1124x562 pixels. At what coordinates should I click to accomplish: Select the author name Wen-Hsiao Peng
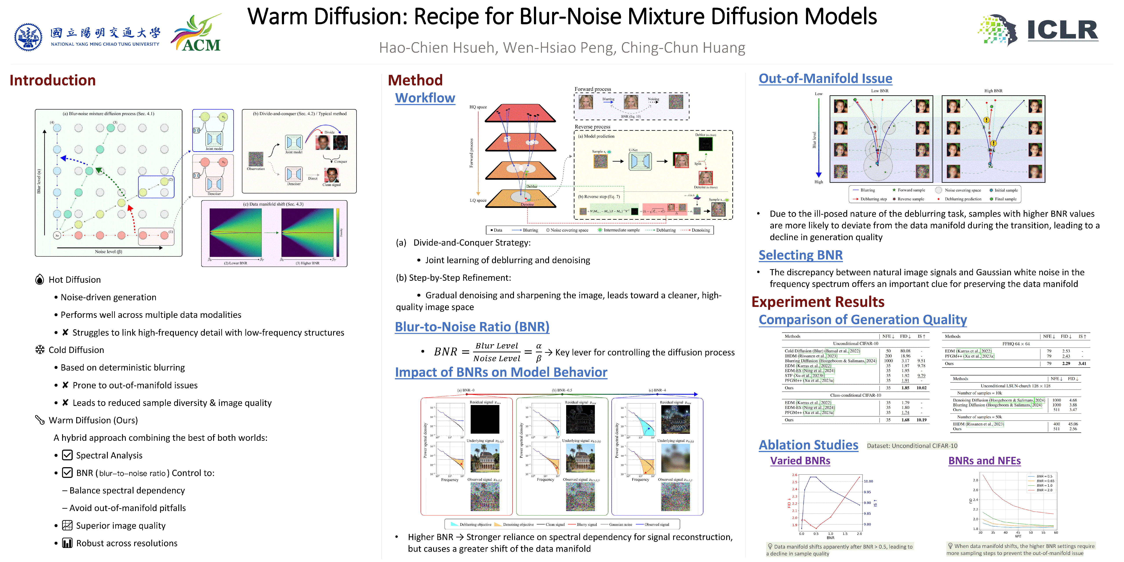point(559,48)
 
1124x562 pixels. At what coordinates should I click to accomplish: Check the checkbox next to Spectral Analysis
point(67,455)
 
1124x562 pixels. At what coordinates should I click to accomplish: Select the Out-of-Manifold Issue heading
point(825,79)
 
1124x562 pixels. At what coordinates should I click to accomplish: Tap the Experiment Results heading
point(818,302)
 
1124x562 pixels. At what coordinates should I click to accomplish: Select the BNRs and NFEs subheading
point(984,461)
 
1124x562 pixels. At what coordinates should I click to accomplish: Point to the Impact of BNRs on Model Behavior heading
point(501,372)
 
